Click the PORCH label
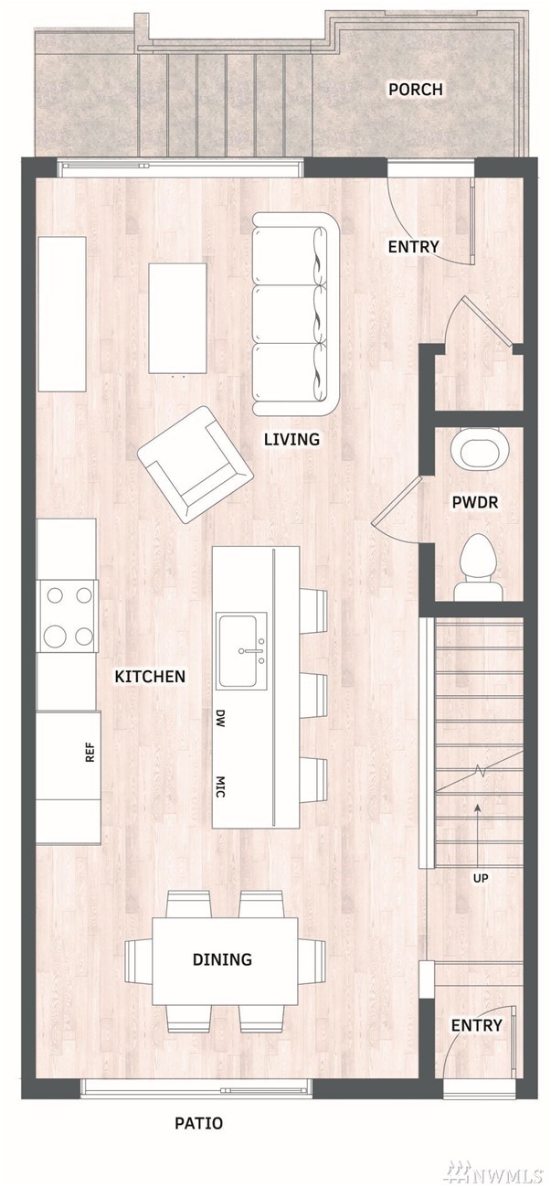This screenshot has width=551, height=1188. [x=416, y=89]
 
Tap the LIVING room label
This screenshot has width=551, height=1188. [x=291, y=439]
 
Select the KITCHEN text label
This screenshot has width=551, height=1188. [x=151, y=676]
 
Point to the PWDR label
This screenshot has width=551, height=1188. [x=475, y=502]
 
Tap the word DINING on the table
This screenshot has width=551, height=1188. [x=223, y=958]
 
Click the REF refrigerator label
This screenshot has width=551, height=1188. [x=90, y=752]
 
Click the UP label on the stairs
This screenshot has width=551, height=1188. [x=481, y=878]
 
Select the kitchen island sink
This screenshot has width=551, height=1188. [x=242, y=651]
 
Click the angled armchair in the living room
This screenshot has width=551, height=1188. [x=195, y=465]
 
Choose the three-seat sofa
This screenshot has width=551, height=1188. [x=295, y=314]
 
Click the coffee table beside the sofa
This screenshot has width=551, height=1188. [x=177, y=318]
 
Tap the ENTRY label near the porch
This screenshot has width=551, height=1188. [x=413, y=247]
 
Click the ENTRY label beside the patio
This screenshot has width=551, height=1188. [x=476, y=1025]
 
